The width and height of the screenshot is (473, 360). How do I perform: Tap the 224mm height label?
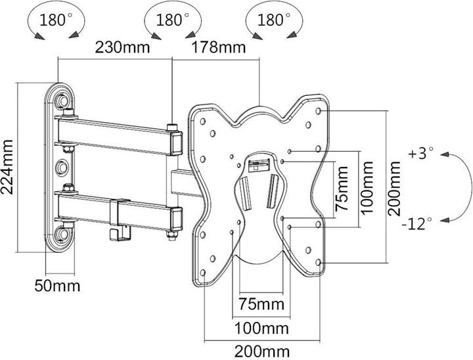coord(9,168)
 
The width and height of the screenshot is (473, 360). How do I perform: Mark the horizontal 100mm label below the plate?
coord(261,326)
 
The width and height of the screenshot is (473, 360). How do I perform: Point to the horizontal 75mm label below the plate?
coord(261,304)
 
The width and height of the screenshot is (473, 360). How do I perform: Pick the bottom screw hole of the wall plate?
coord(63,233)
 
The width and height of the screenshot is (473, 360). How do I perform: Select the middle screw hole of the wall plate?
coord(63,167)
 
